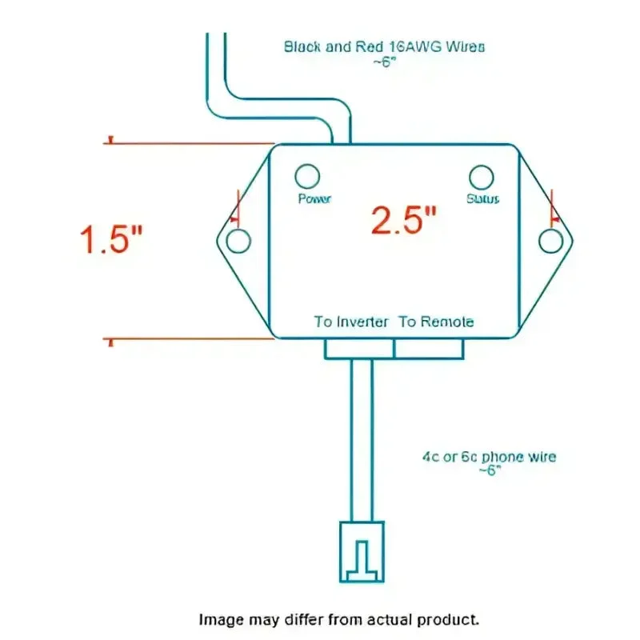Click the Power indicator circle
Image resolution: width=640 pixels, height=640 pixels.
click(x=307, y=165)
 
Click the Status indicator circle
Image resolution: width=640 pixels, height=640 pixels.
click(x=482, y=166)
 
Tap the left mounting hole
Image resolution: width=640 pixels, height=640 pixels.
click(x=238, y=229)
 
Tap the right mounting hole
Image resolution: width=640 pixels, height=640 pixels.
click(x=551, y=229)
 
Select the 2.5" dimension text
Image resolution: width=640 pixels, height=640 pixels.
click(x=404, y=220)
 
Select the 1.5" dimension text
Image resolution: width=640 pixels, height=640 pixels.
click(x=111, y=239)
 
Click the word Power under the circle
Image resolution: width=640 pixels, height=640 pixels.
click(x=314, y=198)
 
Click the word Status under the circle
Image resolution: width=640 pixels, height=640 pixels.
click(x=483, y=198)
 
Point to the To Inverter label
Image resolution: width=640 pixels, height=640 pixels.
click(x=351, y=322)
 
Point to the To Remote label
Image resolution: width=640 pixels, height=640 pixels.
click(x=436, y=322)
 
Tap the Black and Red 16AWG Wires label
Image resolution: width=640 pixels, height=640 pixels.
click(x=385, y=46)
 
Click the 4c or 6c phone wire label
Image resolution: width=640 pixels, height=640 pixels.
click(x=489, y=457)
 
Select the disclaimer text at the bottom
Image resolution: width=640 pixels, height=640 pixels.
click(x=338, y=619)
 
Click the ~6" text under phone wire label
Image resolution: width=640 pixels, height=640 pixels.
click(x=490, y=470)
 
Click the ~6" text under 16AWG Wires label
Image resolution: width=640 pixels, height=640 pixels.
click(x=385, y=62)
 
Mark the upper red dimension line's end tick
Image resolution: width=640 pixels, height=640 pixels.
click(x=110, y=140)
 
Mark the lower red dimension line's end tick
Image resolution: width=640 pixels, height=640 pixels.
click(x=110, y=342)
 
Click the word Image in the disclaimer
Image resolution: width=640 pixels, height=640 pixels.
click(x=222, y=619)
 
